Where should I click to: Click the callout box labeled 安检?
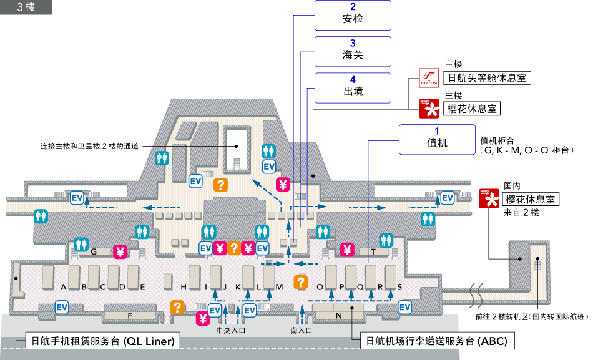(x=353, y=16)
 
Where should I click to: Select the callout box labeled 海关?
(x=353, y=52)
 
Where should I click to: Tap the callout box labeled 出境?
(x=353, y=88)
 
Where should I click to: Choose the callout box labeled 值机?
(x=437, y=139)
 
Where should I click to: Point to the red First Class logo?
(x=429, y=79)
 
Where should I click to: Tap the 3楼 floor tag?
(x=26, y=7)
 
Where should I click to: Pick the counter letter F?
(x=130, y=316)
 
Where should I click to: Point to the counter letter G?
(x=93, y=252)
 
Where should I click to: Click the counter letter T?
(x=373, y=252)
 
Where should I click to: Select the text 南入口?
(x=301, y=330)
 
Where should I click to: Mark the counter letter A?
(x=64, y=287)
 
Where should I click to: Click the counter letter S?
(x=399, y=287)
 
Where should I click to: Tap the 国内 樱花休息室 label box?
(x=531, y=199)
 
